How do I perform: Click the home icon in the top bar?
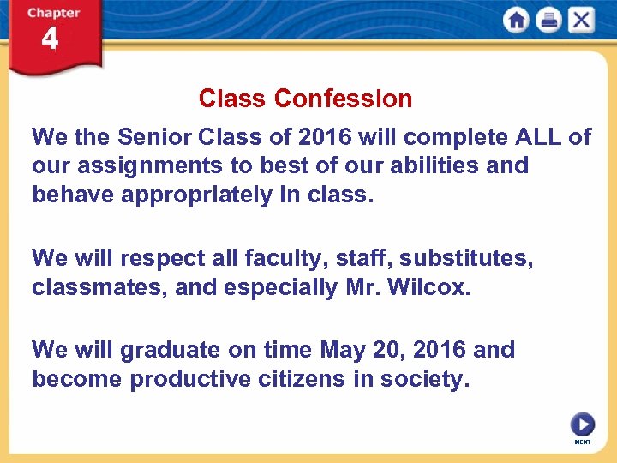click(516, 21)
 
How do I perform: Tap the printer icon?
click(548, 21)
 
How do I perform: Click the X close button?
click(581, 21)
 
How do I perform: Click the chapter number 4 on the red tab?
click(51, 39)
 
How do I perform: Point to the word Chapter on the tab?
click(53, 13)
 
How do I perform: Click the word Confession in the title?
click(344, 99)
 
